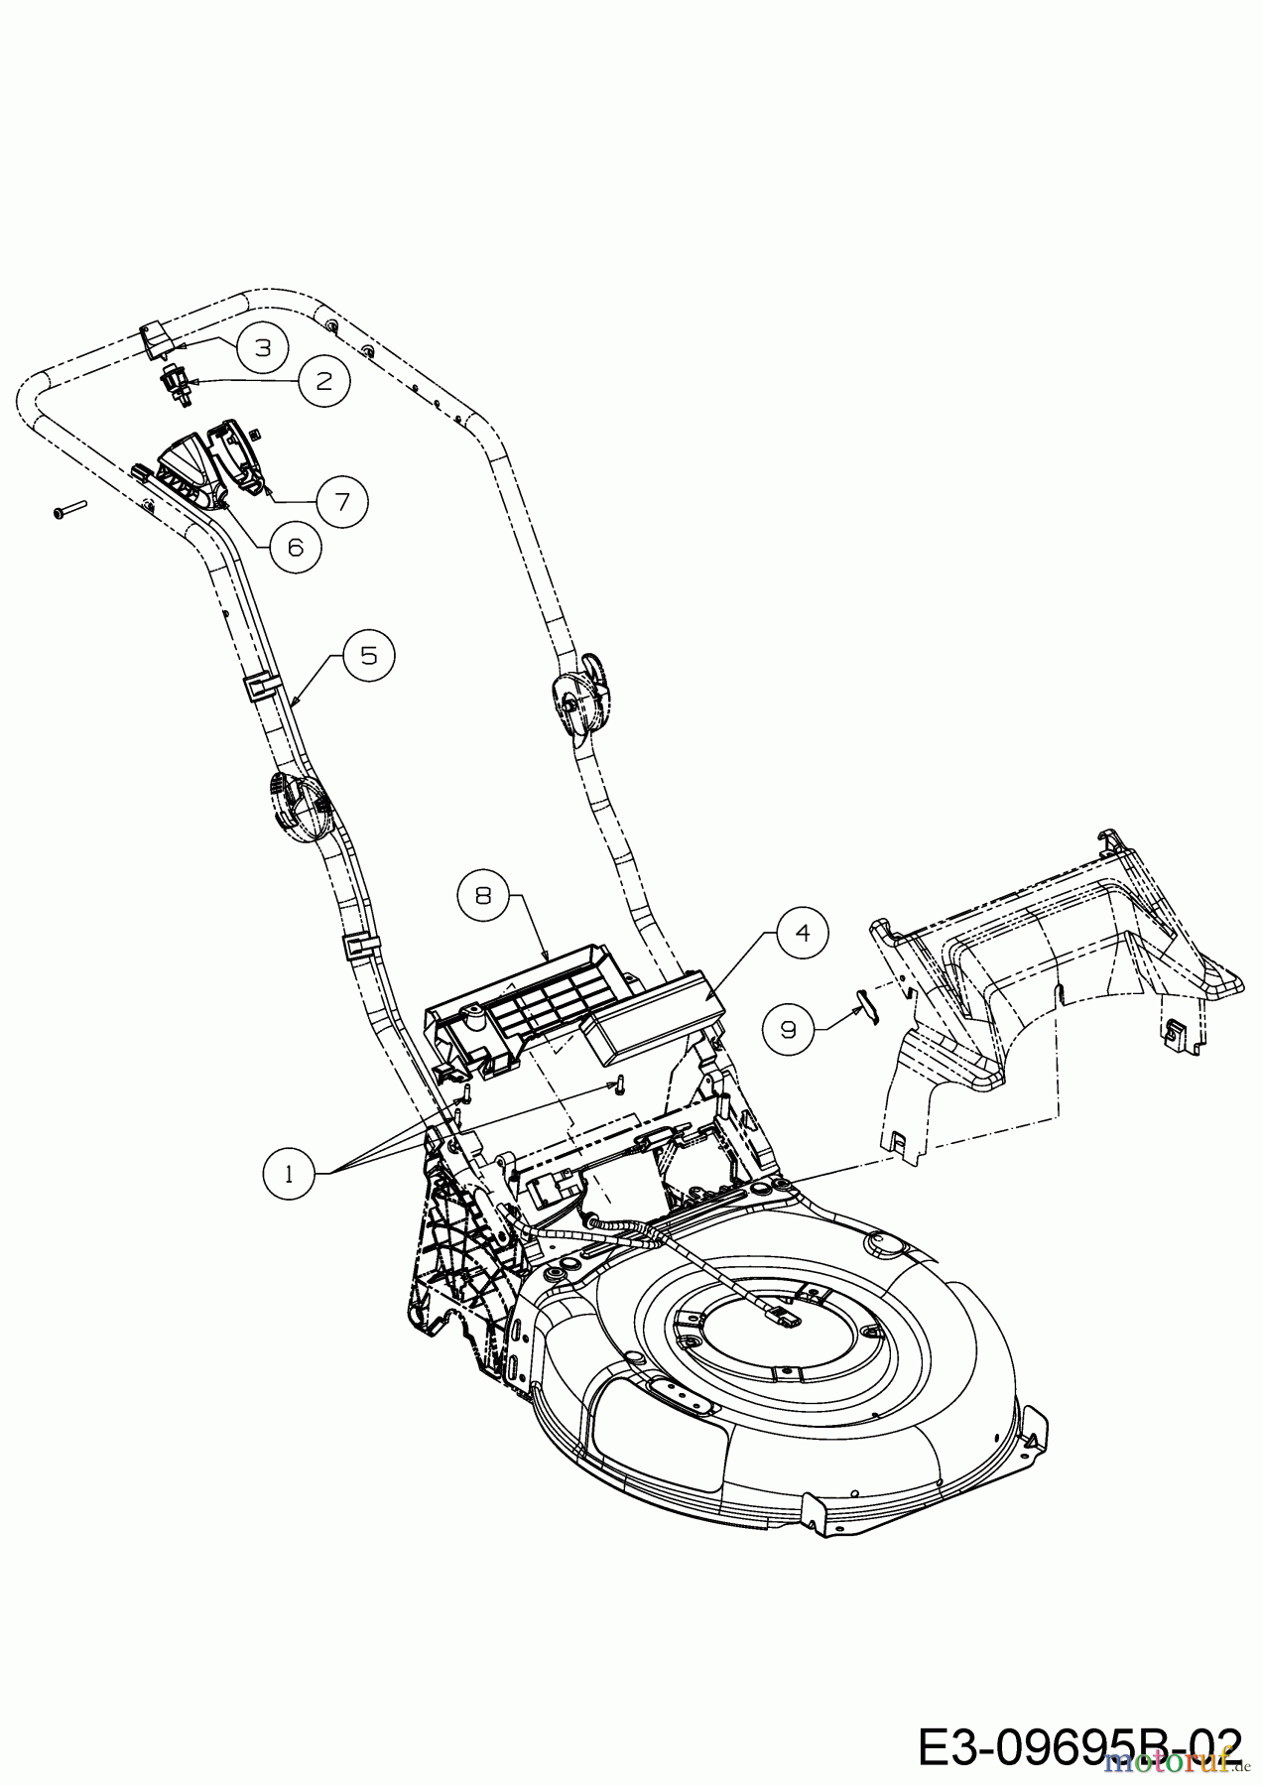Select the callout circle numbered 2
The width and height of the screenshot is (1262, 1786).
pyautogui.click(x=324, y=380)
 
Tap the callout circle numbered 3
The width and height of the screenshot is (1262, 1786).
pyautogui.click(x=262, y=346)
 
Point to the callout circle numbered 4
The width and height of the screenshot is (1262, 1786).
pyautogui.click(x=803, y=933)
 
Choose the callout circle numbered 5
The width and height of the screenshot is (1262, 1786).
pyautogui.click(x=369, y=656)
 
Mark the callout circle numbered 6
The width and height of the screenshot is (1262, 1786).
pyautogui.click(x=297, y=545)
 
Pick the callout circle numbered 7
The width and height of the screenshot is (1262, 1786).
pyautogui.click(x=342, y=501)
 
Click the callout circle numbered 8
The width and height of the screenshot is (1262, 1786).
pyautogui.click(x=483, y=895)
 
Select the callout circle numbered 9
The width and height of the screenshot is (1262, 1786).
pyautogui.click(x=788, y=1029)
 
